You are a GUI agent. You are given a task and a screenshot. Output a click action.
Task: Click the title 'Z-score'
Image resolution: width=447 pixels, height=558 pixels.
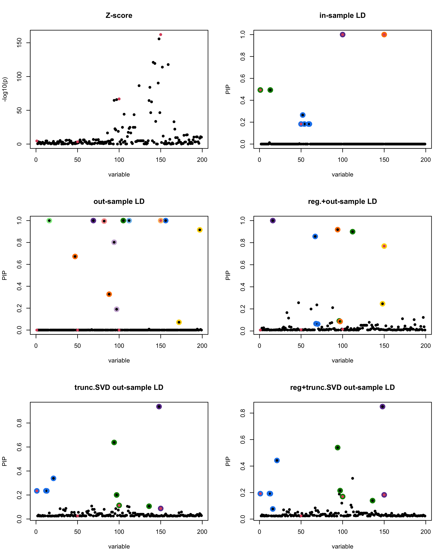click(x=119, y=15)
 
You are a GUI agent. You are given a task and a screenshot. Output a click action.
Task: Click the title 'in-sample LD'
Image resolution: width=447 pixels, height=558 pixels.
click(x=342, y=15)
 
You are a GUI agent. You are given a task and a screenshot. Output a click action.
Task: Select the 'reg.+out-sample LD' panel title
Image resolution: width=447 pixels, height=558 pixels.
click(x=342, y=201)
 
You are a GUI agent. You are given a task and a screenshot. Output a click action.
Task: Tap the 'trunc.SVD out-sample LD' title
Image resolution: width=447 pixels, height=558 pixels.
click(x=119, y=387)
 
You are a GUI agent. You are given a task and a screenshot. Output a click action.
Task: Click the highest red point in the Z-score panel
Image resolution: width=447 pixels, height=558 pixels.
click(x=161, y=35)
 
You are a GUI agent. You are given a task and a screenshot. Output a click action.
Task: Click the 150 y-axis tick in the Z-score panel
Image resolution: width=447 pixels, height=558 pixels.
click(x=19, y=43)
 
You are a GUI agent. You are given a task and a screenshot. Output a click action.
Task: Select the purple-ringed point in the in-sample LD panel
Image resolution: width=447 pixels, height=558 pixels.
click(x=343, y=35)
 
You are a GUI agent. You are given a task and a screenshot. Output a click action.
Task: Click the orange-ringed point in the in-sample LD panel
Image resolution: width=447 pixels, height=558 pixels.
click(x=384, y=35)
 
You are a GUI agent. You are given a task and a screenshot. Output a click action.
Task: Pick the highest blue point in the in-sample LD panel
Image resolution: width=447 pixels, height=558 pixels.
click(x=303, y=115)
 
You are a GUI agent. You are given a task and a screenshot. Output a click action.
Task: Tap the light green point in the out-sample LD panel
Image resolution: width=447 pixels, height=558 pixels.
click(x=49, y=221)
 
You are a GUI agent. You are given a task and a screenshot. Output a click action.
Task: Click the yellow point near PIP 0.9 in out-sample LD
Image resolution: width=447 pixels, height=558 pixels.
click(x=199, y=230)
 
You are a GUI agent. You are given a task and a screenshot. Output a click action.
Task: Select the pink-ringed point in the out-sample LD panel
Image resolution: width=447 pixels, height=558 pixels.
click(x=104, y=221)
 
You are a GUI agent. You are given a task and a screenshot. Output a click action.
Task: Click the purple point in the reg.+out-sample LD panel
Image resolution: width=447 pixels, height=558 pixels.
click(x=273, y=221)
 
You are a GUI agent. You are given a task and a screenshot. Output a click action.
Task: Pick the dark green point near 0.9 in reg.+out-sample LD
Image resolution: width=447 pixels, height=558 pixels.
click(x=352, y=232)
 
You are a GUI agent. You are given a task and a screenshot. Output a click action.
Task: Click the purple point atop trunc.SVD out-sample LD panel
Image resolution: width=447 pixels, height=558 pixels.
click(x=159, y=407)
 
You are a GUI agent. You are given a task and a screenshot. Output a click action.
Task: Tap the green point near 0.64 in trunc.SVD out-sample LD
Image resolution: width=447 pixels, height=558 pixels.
click(x=114, y=442)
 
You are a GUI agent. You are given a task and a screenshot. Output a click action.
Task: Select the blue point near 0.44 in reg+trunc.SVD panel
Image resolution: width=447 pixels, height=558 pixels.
click(x=277, y=460)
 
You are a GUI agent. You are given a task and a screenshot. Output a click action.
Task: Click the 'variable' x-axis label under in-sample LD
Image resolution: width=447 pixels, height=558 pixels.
click(x=342, y=174)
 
